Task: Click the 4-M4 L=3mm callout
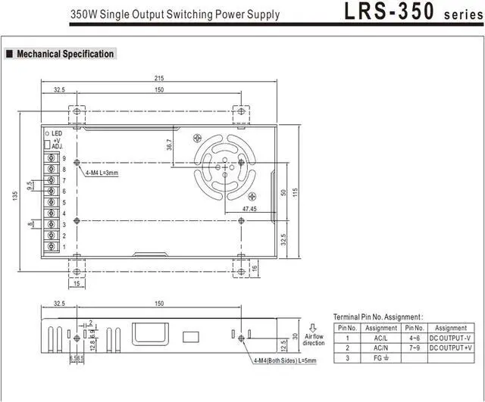(102, 173)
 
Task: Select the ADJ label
(57, 146)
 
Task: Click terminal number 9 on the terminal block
(64, 158)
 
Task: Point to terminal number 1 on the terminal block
(64, 247)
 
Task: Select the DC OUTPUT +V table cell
(451, 347)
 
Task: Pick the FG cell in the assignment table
(381, 357)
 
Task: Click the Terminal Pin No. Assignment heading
(378, 316)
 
